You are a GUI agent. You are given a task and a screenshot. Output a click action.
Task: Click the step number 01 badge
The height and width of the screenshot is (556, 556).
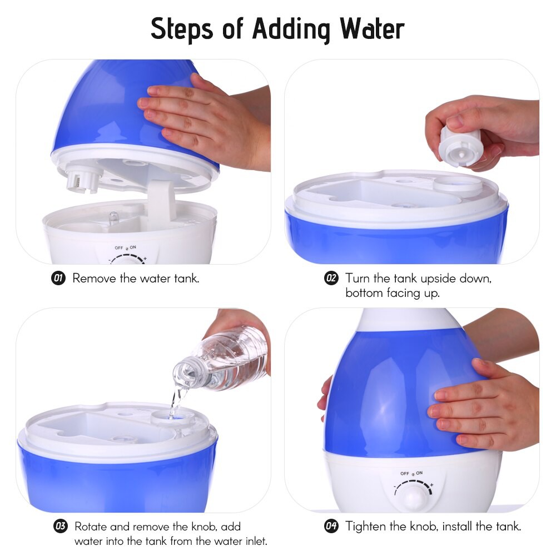(x=59, y=278)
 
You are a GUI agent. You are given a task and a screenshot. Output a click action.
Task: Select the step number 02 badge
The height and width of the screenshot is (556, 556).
(x=331, y=278)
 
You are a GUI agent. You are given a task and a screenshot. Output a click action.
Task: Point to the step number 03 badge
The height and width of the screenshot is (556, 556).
(x=60, y=526)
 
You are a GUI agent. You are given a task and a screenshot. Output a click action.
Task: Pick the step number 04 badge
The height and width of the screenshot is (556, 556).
(x=331, y=526)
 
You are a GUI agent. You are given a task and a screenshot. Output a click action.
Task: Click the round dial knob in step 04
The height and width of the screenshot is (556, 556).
(x=414, y=497)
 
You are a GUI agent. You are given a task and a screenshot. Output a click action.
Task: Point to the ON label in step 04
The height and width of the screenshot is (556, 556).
(x=419, y=473)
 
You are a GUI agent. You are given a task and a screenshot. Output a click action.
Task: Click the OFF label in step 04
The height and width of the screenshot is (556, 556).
(x=405, y=473)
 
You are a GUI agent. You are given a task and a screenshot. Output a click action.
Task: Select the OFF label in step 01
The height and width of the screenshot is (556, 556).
(x=119, y=248)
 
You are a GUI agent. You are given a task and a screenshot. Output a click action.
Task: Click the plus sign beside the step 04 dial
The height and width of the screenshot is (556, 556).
(x=431, y=484)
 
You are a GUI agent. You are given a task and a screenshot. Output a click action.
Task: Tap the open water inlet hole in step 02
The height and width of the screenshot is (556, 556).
(x=459, y=186)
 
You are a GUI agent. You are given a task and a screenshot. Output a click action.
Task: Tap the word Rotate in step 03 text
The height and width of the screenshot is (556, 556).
(x=91, y=527)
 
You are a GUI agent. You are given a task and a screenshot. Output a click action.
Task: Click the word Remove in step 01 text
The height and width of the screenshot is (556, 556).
(x=95, y=279)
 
